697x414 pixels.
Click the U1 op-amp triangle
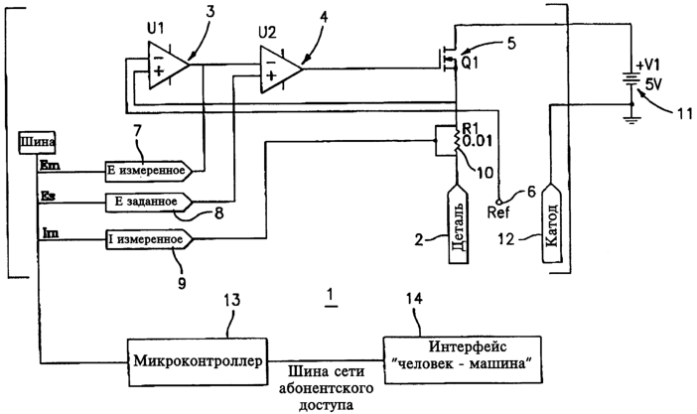(x=168, y=66)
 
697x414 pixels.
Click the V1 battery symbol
(x=631, y=80)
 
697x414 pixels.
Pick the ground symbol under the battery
(x=631, y=119)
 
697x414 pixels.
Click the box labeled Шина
(x=37, y=142)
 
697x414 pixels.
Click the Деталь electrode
(x=458, y=223)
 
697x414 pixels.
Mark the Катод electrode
(x=551, y=223)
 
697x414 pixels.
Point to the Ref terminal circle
(x=499, y=201)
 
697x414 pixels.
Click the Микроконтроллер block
(x=198, y=362)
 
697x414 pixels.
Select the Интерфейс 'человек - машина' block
(x=463, y=359)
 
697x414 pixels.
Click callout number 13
(x=231, y=300)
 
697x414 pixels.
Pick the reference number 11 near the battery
(x=684, y=113)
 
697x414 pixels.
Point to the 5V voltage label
(x=653, y=84)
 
